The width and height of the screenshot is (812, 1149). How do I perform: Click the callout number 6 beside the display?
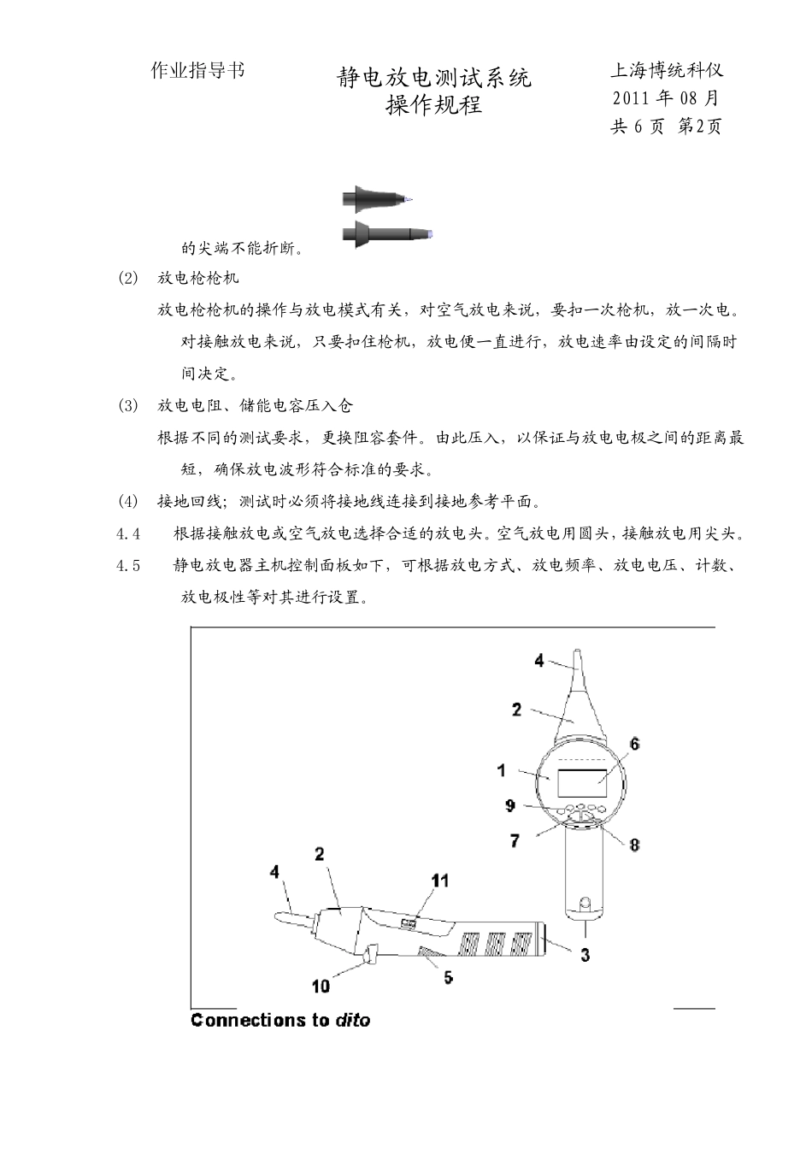[635, 744]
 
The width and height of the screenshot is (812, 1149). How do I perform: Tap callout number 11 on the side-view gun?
[440, 880]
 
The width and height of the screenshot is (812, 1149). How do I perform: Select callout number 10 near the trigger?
[321, 986]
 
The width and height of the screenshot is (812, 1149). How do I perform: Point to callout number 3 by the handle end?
[585, 955]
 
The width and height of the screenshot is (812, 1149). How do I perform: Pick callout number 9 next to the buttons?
[510, 805]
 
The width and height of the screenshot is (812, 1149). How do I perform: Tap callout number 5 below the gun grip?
[515, 841]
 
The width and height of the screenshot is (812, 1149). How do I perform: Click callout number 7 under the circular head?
[515, 841]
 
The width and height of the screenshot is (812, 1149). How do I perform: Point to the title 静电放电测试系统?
[434, 79]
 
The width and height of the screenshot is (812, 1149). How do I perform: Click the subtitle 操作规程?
[434, 105]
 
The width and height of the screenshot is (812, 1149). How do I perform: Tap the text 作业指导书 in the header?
[197, 71]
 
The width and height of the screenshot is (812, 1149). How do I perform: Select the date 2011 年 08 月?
[666, 98]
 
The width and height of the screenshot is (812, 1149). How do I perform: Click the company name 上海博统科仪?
[667, 71]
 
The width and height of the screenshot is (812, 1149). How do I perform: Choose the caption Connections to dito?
[280, 1020]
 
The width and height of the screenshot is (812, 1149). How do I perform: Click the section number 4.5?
[129, 566]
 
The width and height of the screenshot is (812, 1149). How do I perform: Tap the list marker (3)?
[127, 406]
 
